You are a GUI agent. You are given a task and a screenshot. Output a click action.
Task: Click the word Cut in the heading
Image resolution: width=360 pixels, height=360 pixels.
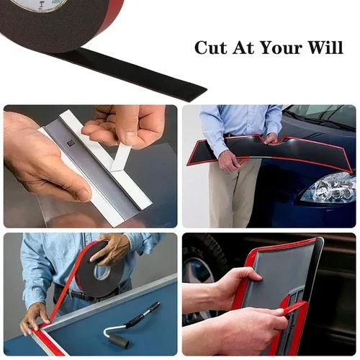[x=211, y=48]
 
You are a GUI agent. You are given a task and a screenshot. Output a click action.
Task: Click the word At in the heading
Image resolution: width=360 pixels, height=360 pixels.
[x=243, y=48]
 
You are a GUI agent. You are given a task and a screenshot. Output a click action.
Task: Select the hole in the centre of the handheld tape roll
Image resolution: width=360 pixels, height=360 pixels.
[x=102, y=273]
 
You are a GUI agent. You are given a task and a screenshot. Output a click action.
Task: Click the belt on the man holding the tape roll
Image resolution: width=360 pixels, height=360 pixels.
[x=79, y=294]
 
